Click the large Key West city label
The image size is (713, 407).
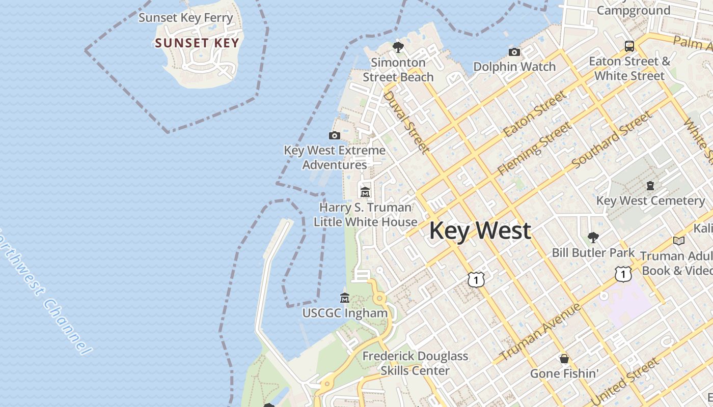[480, 230]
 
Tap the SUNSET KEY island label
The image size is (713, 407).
[197, 43]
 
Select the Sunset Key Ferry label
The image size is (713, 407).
[186, 18]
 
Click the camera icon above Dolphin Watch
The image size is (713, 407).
[514, 52]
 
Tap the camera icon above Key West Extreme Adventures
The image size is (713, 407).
[335, 135]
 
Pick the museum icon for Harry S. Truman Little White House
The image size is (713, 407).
[365, 192]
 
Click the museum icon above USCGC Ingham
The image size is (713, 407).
[345, 298]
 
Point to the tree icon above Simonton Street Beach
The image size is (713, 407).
[398, 47]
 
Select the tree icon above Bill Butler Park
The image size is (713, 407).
[593, 237]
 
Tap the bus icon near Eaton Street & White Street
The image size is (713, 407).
[629, 46]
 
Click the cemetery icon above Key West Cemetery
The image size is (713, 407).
[650, 186]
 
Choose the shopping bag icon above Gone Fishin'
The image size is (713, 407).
[564, 359]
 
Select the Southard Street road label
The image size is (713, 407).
[612, 140]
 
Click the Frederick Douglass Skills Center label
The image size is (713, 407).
[415, 363]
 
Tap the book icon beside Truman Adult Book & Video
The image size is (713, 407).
[679, 241]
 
